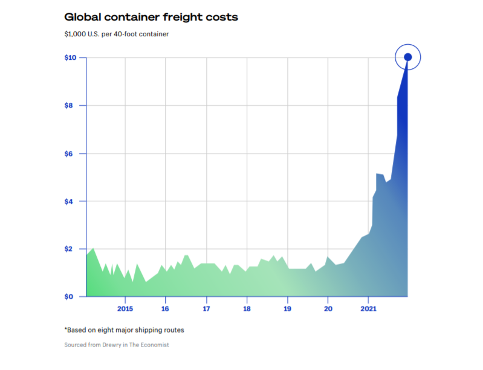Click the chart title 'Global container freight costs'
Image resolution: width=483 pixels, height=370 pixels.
click(151, 18)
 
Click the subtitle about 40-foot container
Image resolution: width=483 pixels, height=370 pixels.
click(117, 34)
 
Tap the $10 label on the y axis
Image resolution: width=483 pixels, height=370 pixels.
click(71, 58)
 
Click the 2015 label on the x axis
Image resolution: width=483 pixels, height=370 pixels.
click(125, 309)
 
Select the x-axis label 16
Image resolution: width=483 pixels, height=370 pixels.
click(166, 309)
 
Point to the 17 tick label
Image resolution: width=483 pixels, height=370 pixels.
click(206, 309)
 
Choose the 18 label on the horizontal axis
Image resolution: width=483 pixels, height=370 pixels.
click(247, 309)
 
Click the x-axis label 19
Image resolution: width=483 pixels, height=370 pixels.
click(287, 309)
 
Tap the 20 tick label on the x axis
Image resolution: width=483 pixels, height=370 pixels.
click(328, 309)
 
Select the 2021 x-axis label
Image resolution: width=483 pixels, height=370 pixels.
click(368, 309)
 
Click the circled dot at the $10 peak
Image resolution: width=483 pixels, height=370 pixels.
click(407, 57)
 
